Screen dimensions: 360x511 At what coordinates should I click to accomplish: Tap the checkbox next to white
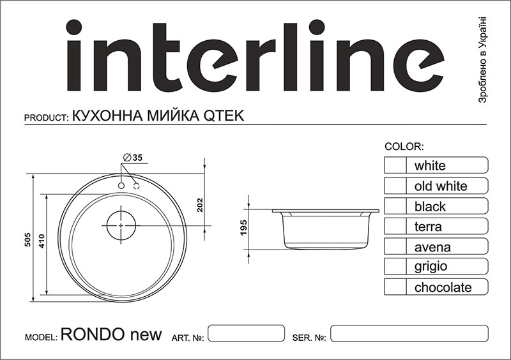(x=395, y=165)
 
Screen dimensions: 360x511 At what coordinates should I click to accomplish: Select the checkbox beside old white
(x=395, y=186)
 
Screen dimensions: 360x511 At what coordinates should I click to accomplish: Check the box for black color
(x=395, y=206)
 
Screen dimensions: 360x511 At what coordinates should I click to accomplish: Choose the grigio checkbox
(x=395, y=267)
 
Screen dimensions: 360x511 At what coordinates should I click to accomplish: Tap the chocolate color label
(x=443, y=287)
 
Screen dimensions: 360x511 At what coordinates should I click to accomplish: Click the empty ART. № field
(x=247, y=333)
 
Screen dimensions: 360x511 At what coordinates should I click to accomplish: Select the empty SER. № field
(x=409, y=333)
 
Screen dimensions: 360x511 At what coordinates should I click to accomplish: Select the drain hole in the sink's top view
(x=121, y=225)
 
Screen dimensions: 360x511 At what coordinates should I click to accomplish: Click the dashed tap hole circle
(x=136, y=185)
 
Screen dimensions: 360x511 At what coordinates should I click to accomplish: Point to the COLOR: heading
(x=405, y=147)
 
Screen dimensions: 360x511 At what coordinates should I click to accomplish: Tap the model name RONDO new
(x=111, y=336)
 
